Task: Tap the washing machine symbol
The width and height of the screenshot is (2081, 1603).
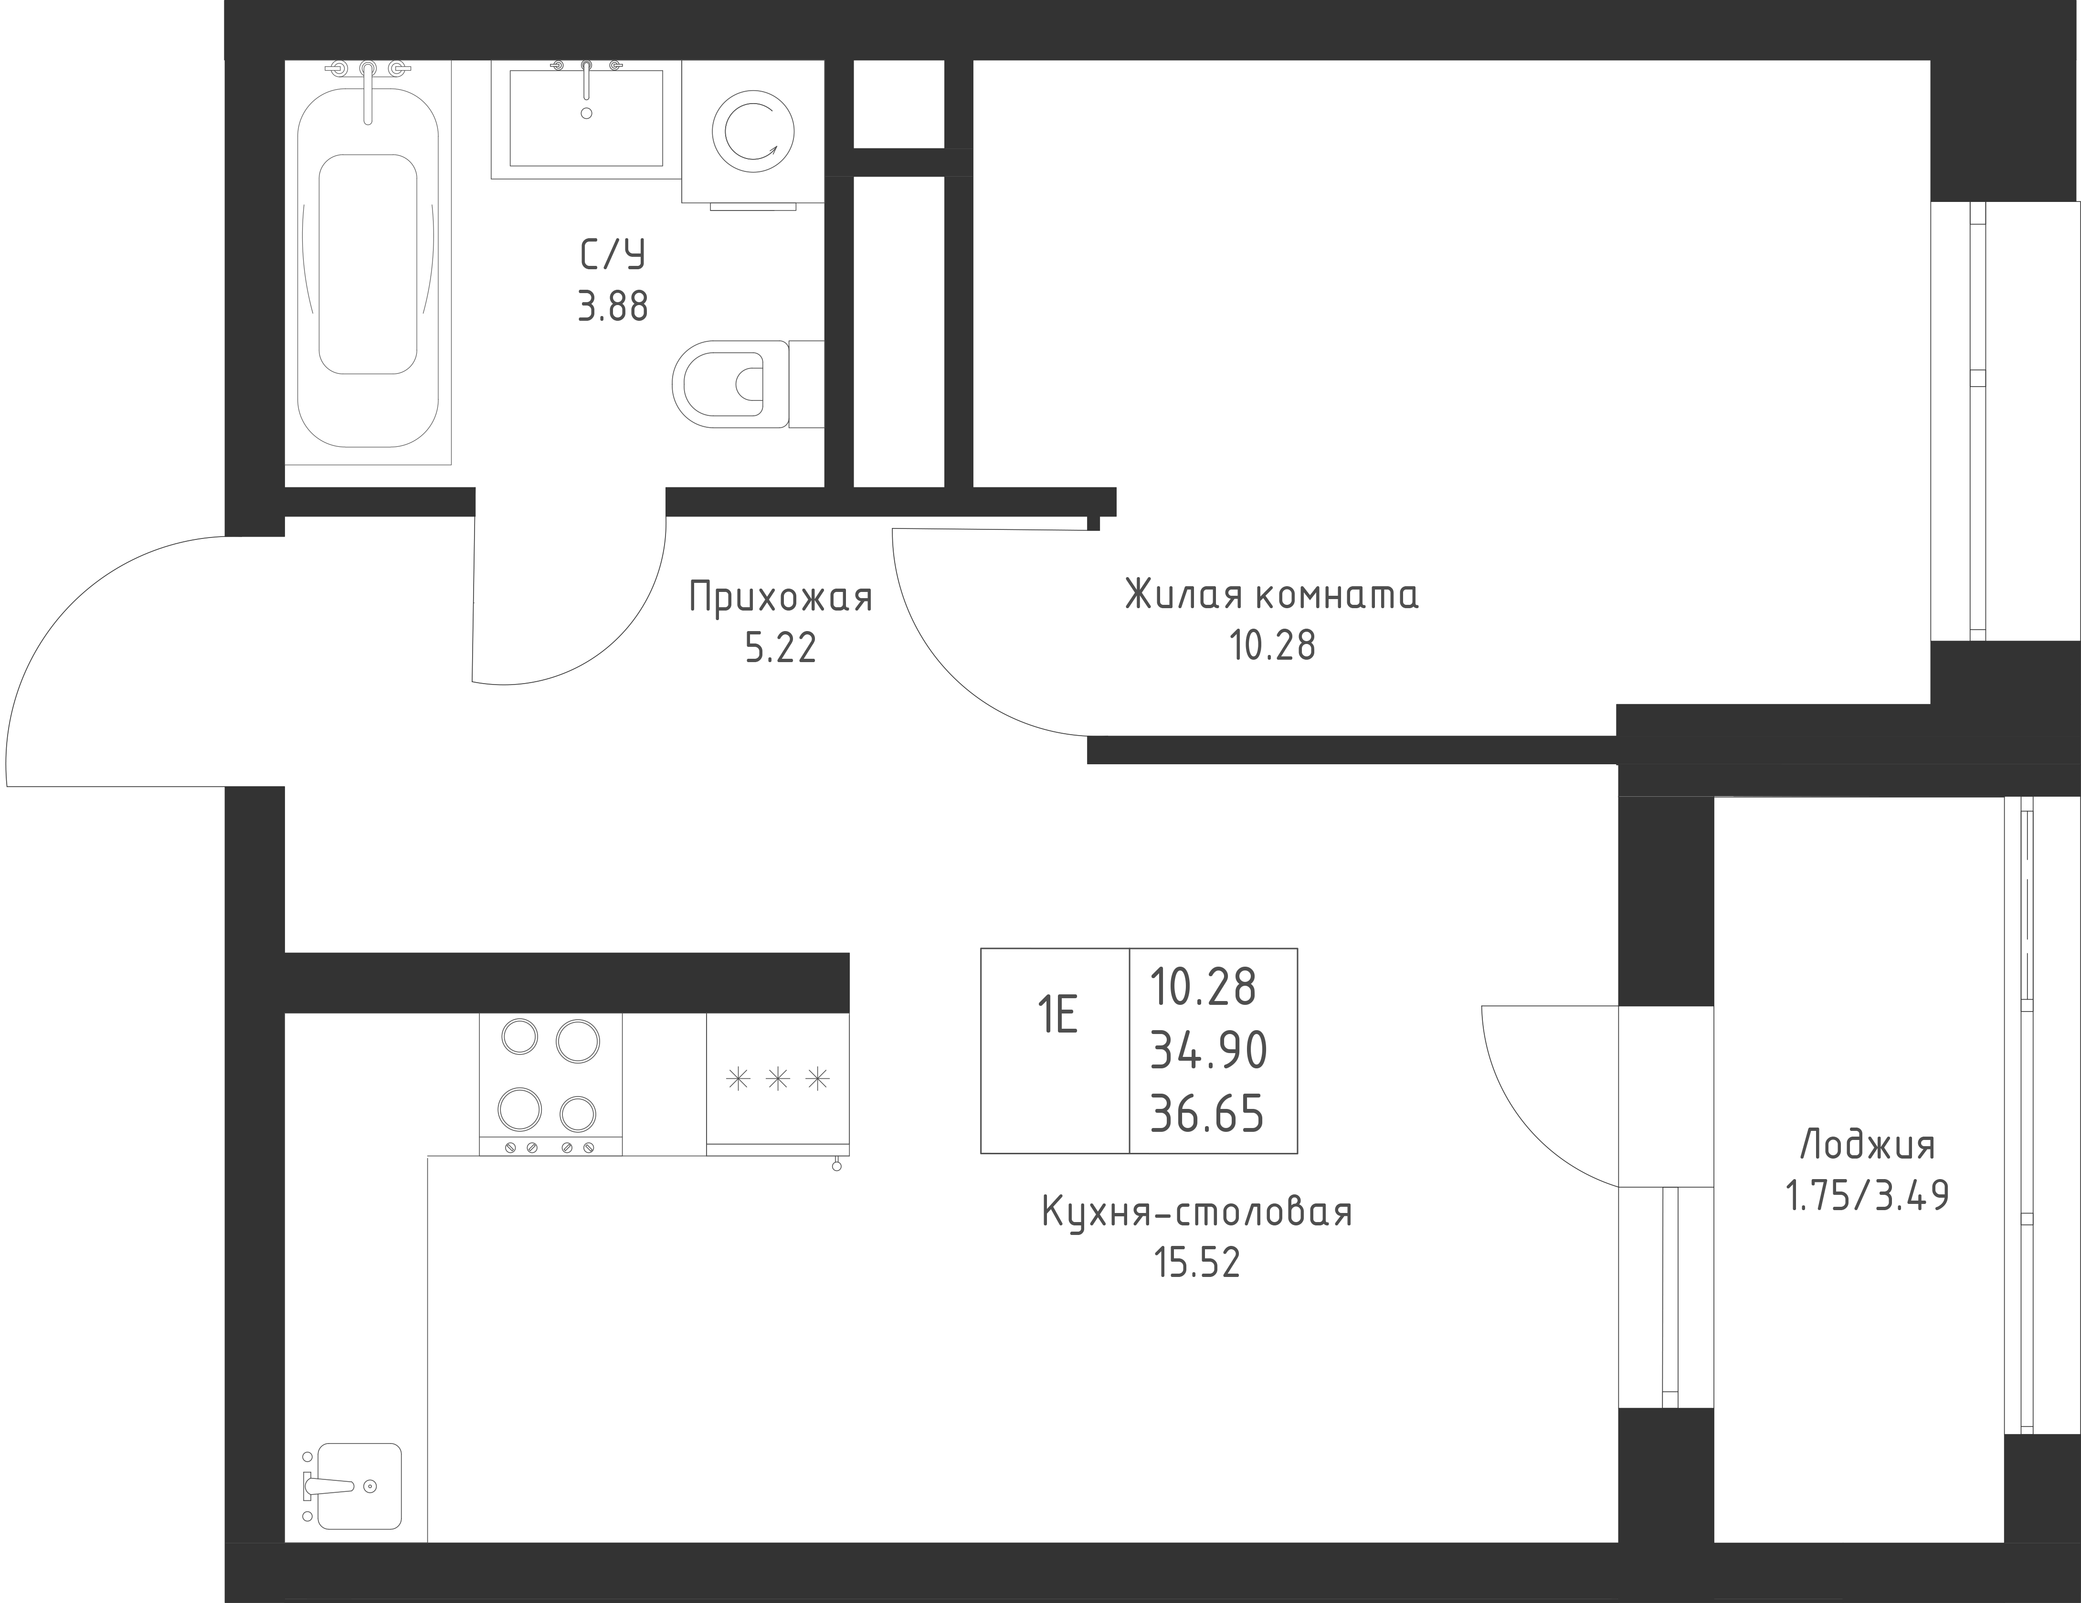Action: [x=753, y=134]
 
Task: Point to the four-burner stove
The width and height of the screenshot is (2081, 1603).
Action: [x=551, y=1084]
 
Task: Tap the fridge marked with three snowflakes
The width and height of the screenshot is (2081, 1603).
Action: [x=778, y=1084]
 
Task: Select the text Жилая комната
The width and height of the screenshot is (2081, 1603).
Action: [x=1272, y=595]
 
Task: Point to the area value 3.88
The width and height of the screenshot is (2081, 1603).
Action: [x=613, y=307]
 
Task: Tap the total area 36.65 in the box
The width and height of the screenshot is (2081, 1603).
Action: [x=1207, y=1113]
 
